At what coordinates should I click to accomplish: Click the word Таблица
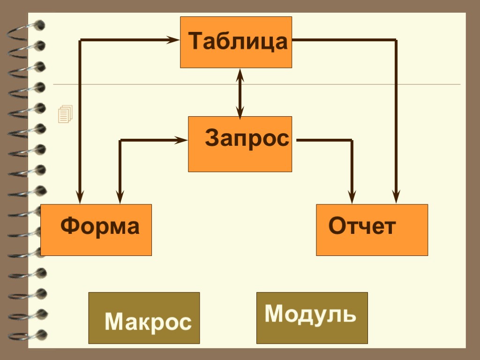coord(238,41)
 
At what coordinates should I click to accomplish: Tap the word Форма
coord(100,226)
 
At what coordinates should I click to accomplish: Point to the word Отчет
coord(362,226)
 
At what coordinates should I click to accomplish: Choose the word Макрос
coord(148,322)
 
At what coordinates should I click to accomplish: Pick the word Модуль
coord(310,314)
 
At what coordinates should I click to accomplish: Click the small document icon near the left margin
coord(65,114)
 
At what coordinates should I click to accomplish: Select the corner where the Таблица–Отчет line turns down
coord(396,40)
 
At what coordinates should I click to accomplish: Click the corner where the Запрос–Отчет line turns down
coord(352,140)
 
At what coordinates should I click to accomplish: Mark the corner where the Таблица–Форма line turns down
coord(80,41)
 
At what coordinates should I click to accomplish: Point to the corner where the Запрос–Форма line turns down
coord(120,140)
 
